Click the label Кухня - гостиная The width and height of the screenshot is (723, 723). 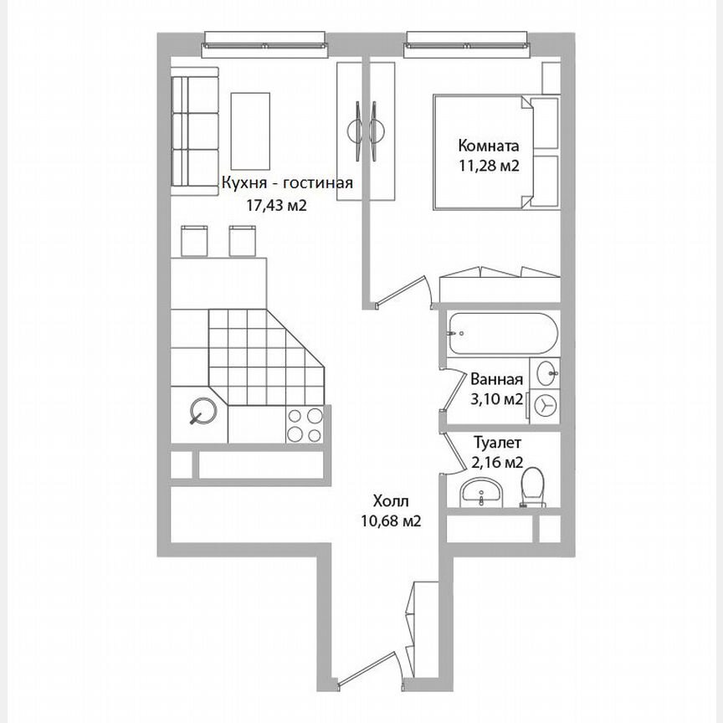pyautogui.click(x=286, y=184)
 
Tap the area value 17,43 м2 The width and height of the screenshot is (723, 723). pyautogui.click(x=272, y=205)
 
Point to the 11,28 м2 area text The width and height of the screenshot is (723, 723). pyautogui.click(x=490, y=166)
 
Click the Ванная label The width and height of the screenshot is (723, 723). pyautogui.click(x=497, y=378)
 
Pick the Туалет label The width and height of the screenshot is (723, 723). pyautogui.click(x=498, y=442)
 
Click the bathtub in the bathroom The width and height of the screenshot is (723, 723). pyautogui.click(x=500, y=335)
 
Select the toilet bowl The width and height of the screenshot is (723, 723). pyautogui.click(x=531, y=487)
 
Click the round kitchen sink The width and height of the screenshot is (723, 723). pyautogui.click(x=202, y=411)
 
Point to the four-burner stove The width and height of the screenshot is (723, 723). pyautogui.click(x=304, y=424)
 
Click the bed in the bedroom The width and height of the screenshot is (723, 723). pyautogui.click(x=481, y=151)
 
